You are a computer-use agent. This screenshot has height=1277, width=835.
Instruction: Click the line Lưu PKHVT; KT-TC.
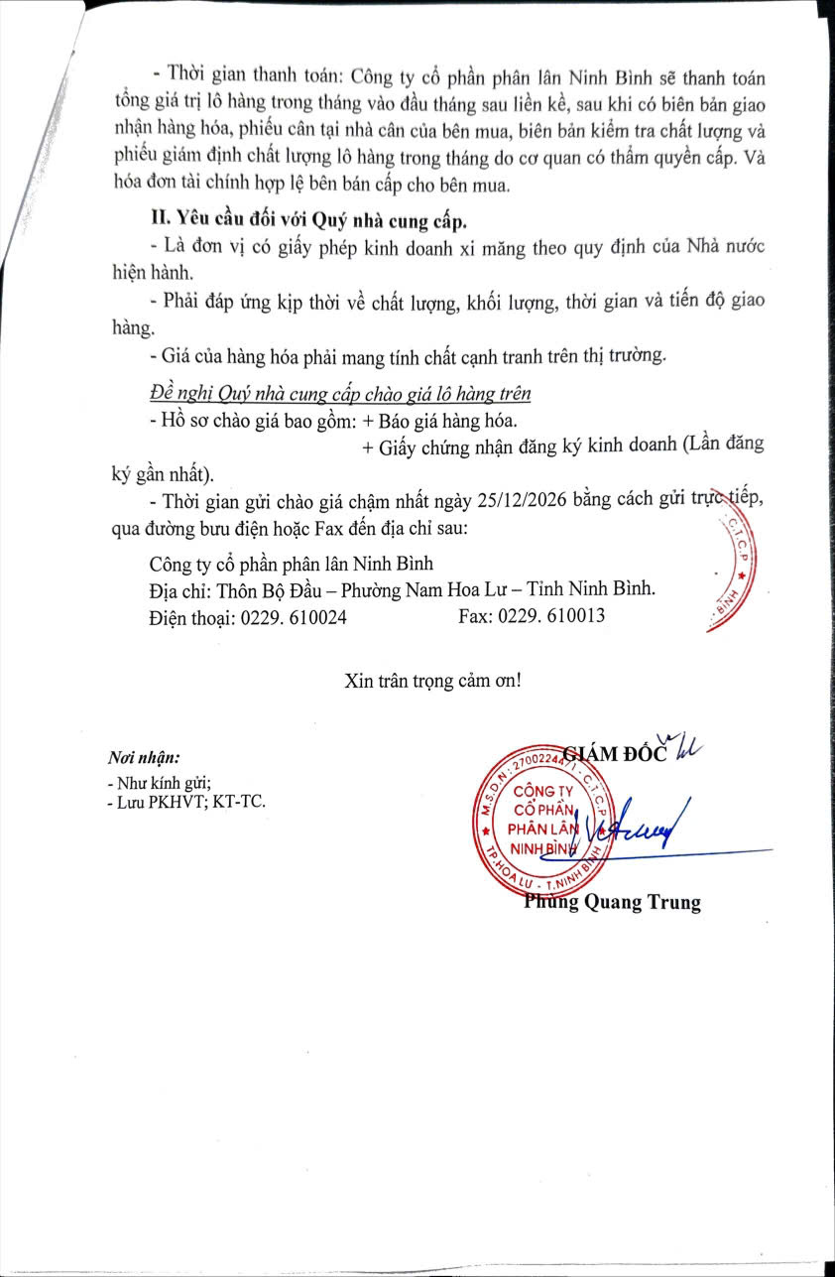tap(189, 802)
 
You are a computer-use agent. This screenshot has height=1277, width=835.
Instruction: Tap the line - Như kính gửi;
tap(159, 781)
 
